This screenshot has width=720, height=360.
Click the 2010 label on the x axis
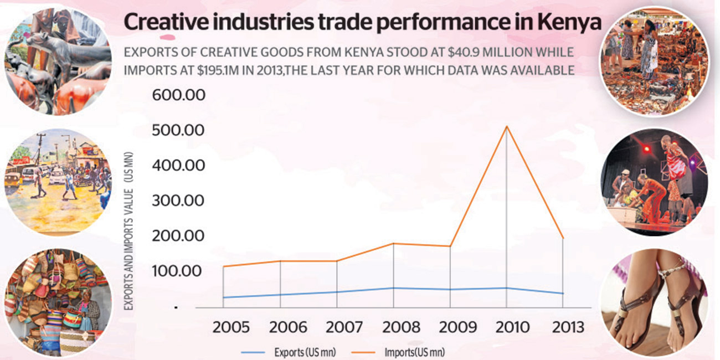506,327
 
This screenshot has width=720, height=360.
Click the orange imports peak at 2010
506,127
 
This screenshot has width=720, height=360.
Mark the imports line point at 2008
393,243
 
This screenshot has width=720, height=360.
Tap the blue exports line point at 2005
223,297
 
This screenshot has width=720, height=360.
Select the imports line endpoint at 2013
563,239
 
